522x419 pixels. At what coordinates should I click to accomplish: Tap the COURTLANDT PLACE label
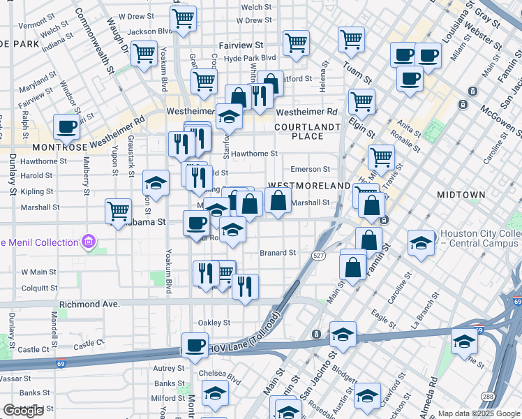[x=307, y=131]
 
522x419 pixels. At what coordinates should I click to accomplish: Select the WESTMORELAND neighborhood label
[x=308, y=186]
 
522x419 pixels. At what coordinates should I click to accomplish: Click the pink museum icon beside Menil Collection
[x=88, y=242]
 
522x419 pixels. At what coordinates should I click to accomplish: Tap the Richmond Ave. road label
[x=90, y=304]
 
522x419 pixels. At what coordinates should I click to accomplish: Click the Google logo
[x=23, y=411]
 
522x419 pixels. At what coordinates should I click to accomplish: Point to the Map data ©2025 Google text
[x=479, y=413]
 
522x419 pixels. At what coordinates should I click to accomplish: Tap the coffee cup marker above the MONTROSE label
[x=66, y=127]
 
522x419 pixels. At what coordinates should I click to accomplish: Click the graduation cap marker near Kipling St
[x=156, y=184]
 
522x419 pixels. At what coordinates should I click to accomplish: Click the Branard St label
[x=278, y=253]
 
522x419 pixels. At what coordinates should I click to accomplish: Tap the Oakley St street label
[x=214, y=323]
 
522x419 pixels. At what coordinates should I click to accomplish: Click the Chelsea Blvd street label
[x=220, y=373]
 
